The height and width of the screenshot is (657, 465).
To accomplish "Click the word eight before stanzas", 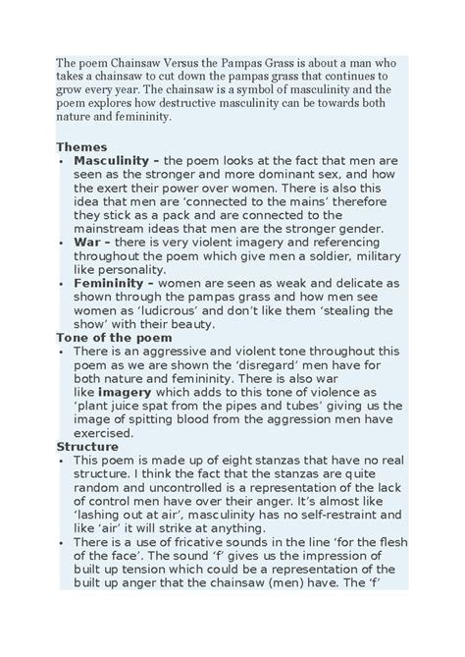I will point(233,460).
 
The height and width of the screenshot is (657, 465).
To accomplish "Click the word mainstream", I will point(112,228).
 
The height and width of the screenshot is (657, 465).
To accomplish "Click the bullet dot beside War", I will point(62,242).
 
